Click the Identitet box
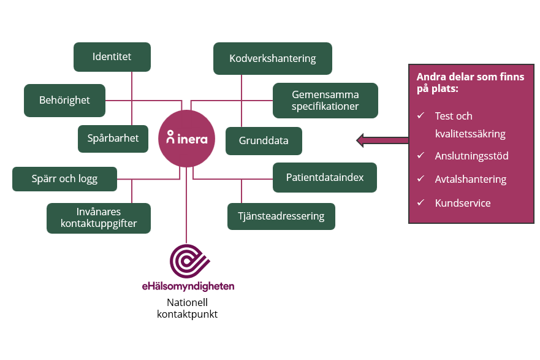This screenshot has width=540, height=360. tap(112, 57)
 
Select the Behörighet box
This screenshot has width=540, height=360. tap(64, 100)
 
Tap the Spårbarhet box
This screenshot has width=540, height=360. tap(113, 139)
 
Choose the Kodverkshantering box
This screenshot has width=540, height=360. tap(272, 59)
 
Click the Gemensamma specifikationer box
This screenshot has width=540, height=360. tap(325, 101)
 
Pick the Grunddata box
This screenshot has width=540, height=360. tap(264, 141)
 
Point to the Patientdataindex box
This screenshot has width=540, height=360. tap(325, 177)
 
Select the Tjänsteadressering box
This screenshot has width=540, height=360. tap(281, 216)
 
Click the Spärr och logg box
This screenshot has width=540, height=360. tap(64, 179)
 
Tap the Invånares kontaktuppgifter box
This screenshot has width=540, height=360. tap(99, 218)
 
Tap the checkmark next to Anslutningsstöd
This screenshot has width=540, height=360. tap(420, 156)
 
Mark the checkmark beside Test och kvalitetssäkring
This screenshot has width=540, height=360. tap(420, 115)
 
